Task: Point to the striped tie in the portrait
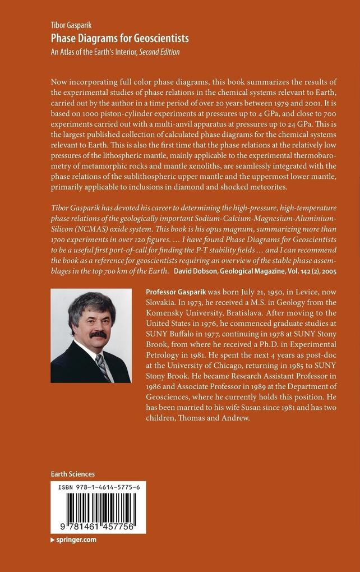[x=103, y=367]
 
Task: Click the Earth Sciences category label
[x=72, y=474]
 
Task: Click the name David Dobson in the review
[x=199, y=271]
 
